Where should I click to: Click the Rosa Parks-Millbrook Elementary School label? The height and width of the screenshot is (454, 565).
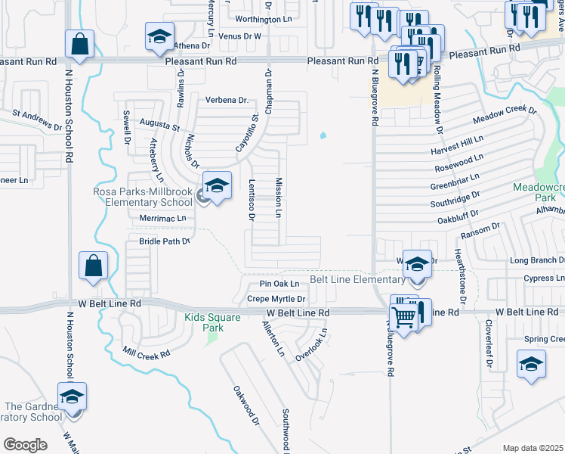[x=144, y=197]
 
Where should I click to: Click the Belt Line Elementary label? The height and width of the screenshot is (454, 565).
[x=357, y=280]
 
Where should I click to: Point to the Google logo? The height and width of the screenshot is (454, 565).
[x=25, y=445]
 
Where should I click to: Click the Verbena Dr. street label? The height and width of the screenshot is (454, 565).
[x=227, y=100]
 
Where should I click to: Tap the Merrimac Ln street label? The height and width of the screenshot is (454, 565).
[x=162, y=218]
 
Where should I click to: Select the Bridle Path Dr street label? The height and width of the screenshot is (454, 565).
[x=164, y=241]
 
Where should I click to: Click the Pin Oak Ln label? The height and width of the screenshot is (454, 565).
[x=279, y=284]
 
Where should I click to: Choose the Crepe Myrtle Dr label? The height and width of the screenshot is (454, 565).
[x=276, y=299]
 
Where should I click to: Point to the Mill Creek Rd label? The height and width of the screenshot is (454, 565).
[x=147, y=352]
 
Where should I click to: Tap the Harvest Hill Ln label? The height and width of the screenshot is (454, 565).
[x=457, y=143]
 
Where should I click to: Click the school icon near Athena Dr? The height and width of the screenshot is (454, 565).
[x=159, y=38]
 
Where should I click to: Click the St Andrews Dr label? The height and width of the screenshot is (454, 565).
[x=37, y=119]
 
